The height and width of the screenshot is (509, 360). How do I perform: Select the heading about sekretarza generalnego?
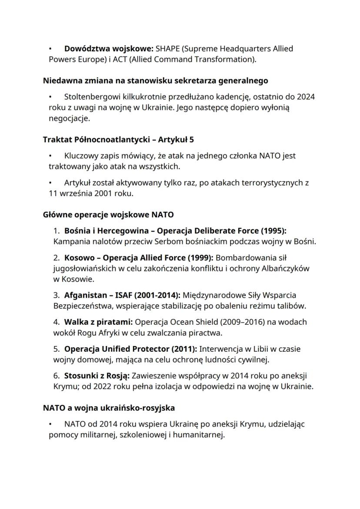click(155, 80)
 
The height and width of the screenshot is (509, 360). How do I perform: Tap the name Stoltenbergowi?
click(90, 96)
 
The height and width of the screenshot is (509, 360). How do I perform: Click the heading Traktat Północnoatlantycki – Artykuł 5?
click(118, 140)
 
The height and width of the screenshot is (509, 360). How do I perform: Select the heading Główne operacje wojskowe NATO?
click(108, 215)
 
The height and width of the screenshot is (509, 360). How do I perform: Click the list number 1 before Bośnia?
click(56, 230)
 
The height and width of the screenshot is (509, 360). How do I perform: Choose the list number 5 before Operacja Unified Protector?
click(56, 349)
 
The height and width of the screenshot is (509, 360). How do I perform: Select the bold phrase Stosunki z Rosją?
click(97, 376)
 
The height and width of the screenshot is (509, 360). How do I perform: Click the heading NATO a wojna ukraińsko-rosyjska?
click(109, 408)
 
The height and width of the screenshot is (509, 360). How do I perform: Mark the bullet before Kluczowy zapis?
click(51, 156)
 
